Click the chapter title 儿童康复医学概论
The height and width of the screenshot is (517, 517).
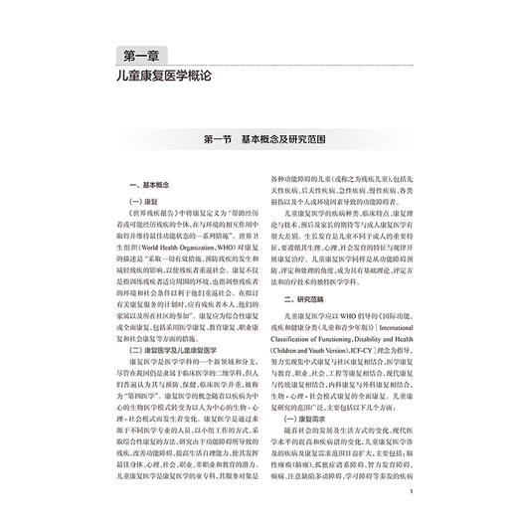(x=161, y=76)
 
